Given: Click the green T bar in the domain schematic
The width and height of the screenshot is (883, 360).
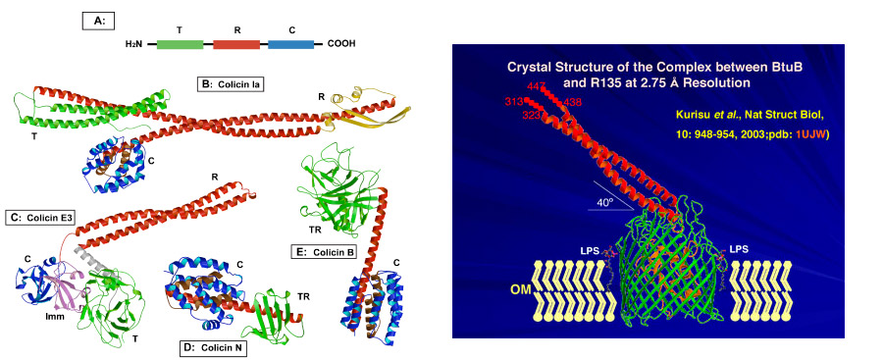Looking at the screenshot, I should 180,44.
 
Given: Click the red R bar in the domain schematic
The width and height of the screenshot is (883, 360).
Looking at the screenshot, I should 236,44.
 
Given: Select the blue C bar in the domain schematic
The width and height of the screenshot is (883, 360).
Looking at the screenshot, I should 290,44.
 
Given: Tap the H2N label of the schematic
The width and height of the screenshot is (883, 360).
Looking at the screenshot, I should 134,44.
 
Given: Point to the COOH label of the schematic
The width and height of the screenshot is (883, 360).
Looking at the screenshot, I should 341,44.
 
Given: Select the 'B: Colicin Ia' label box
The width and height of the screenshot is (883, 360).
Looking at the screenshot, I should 234,84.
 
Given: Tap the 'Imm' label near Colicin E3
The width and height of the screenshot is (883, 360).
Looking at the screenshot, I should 55,316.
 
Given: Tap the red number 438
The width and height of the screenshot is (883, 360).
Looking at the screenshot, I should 572,102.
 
